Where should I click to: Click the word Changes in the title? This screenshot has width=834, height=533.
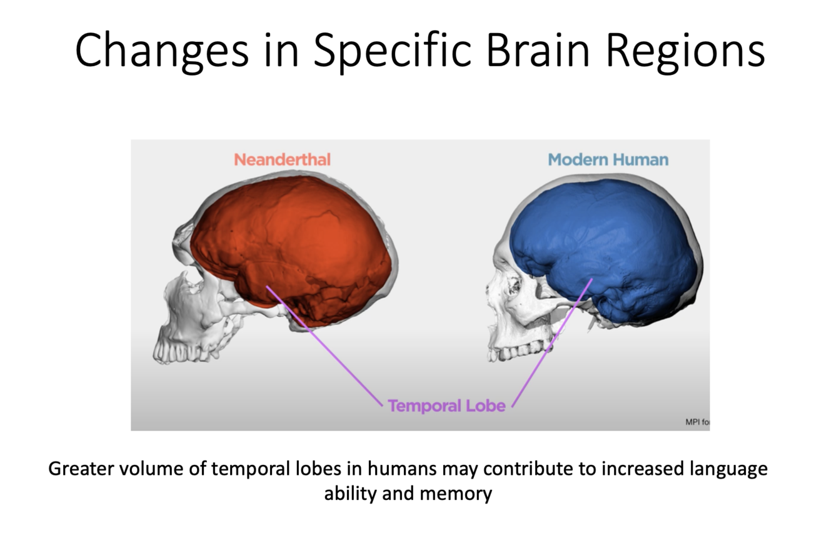coord(160,51)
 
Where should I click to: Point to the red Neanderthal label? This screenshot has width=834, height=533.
coord(282,159)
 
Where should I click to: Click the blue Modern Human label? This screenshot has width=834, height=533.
coord(608,159)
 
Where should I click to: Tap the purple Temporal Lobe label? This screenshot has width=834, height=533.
coord(446,406)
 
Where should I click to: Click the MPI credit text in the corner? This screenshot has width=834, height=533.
coord(697,422)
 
